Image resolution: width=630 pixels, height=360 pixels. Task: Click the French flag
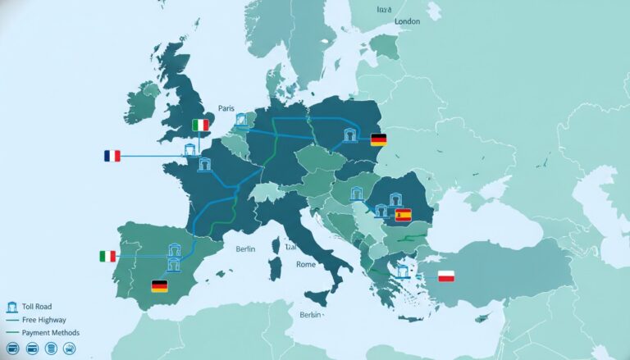pos(112,155)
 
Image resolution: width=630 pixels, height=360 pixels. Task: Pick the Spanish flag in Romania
pos(404,215)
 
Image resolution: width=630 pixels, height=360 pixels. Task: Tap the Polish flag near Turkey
pos(446,276)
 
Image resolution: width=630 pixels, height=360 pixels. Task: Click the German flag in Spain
pos(160,286)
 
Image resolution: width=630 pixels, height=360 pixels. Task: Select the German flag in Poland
pos(378,139)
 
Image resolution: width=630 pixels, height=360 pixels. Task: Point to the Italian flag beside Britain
pos(200,125)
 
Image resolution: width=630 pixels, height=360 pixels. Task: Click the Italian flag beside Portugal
pos(107,256)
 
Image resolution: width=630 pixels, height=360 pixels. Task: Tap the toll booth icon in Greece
pos(402,272)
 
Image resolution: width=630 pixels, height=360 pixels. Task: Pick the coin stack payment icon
pos(51,349)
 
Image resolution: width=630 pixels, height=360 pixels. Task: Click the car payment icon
pos(70,349)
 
